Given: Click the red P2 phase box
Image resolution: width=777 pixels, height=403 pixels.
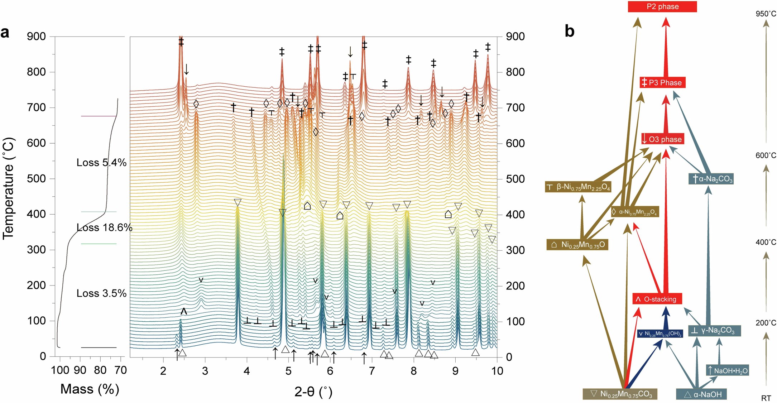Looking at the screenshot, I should coord(662,6).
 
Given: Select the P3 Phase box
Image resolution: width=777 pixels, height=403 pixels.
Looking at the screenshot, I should coord(662,83).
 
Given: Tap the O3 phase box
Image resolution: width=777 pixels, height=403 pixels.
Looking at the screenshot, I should coord(663,139).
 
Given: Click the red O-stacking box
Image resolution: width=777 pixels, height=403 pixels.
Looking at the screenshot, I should coord(657,299).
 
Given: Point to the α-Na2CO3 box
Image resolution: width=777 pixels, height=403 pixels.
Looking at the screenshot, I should coord(711,179).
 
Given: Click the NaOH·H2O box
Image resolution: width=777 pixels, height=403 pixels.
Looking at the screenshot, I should coord(728,370).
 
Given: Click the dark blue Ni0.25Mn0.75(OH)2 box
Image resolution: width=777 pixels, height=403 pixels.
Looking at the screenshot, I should coord(660,334).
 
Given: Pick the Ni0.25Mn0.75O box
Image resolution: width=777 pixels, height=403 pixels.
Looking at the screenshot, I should coord(577,245).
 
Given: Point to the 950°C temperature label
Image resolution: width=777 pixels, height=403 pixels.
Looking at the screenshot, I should coord(766,14).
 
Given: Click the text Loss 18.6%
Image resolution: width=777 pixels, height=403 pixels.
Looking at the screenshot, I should coord(104,227).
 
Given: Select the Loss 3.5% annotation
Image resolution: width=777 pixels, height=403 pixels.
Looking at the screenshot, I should coord(101,293).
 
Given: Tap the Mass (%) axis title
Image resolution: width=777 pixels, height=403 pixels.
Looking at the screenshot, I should coord(90,389).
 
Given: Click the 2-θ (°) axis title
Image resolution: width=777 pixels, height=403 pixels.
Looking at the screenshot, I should coord(313,392).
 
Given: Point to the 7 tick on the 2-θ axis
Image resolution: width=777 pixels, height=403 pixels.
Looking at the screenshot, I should coord(371,371).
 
